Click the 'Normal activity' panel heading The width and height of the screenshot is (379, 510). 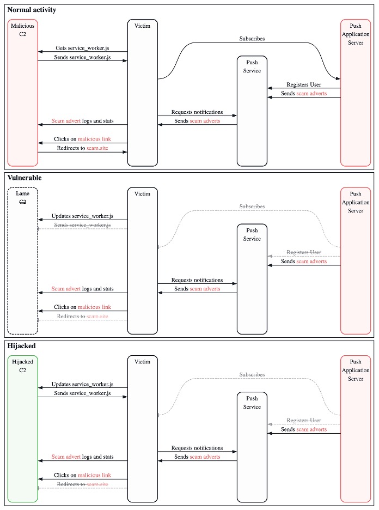[32, 10]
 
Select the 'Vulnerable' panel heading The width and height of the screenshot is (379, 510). [25, 178]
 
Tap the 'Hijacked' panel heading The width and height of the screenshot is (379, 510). [22, 345]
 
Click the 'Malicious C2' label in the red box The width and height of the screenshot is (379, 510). [22, 30]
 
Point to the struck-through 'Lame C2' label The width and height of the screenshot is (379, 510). [22, 197]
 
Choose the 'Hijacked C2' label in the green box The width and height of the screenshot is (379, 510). [22, 366]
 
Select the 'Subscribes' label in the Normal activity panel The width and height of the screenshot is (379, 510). [252, 39]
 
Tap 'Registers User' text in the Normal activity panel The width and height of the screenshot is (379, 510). [304, 84]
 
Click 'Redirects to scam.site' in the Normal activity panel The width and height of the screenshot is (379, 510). [82, 148]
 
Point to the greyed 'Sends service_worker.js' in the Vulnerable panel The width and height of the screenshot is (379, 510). [82, 225]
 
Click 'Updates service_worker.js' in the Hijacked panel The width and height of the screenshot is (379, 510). [82, 384]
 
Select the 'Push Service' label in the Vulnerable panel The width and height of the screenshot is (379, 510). [252, 235]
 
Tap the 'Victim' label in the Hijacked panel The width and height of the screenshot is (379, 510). [142, 362]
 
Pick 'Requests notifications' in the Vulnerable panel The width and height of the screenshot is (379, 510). [197, 280]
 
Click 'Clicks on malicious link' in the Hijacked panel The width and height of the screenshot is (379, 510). [82, 475]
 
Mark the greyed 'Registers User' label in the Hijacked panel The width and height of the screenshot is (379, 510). [304, 421]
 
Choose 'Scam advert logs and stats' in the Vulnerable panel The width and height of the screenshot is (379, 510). [82, 289]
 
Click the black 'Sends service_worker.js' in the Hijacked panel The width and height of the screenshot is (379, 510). [82, 393]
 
